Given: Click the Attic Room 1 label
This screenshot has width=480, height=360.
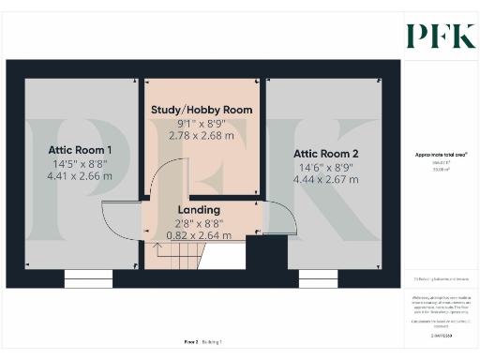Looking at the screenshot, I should click(80, 150).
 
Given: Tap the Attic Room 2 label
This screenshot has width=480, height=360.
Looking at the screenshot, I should click(325, 153).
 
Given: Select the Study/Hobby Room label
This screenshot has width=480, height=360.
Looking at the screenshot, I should click(202, 110).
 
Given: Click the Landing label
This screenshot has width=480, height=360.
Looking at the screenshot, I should click(199, 209).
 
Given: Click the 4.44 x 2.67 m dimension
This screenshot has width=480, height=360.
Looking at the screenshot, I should click(325, 179).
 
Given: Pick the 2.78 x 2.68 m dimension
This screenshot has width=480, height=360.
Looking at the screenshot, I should click(202, 136).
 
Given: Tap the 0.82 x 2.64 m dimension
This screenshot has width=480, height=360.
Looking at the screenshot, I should click(199, 235).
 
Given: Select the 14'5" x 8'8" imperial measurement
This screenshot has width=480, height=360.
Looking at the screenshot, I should click(80, 162).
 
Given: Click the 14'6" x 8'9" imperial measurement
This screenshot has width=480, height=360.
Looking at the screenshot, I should click(325, 166).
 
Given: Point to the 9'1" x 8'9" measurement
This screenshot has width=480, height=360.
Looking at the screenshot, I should click(202, 123).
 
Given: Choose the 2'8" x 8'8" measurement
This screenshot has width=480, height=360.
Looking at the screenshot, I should click(199, 222).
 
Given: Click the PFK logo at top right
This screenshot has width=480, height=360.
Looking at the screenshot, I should click(440, 35).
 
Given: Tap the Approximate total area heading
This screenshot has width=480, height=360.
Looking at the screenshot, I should click(442, 154).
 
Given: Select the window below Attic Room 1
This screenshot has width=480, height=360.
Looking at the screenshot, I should click(88, 278).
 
